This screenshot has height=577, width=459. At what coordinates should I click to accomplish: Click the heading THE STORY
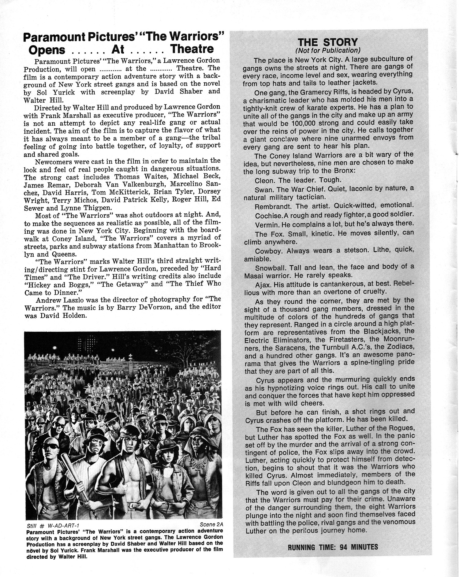pyautogui.click(x=327, y=42)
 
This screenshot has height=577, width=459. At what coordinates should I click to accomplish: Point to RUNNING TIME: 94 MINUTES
pyautogui.click(x=333, y=547)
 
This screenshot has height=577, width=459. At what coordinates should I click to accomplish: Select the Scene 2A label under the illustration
pyautogui.click(x=211, y=524)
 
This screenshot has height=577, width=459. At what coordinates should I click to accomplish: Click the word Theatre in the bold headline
pyautogui.click(x=192, y=49)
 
